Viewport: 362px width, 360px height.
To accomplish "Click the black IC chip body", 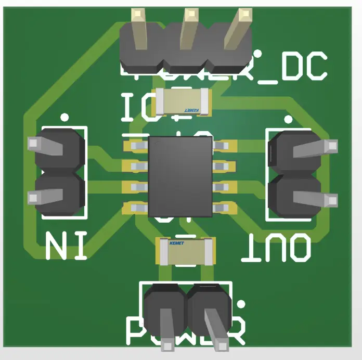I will (180, 177).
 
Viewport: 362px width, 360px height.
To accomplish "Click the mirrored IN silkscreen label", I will (66, 246).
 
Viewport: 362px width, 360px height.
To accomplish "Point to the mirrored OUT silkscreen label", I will (277, 248).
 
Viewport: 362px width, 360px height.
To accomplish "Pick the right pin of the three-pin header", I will (240, 29).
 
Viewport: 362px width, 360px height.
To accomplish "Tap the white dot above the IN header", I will (64, 118).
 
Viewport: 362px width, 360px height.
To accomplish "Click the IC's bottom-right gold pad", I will (225, 208).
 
